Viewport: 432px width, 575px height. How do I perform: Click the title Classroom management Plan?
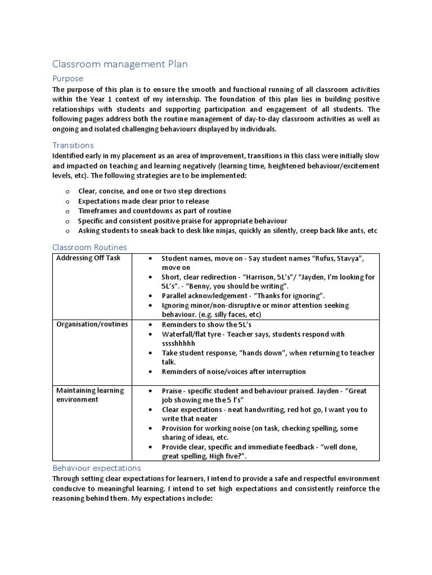(120, 65)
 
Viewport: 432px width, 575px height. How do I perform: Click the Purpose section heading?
(67, 79)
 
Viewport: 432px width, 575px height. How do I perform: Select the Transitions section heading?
(73, 145)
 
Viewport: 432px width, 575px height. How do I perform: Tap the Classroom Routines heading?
(89, 247)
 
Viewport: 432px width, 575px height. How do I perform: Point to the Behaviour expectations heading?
(96, 468)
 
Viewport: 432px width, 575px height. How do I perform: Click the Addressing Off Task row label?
(88, 258)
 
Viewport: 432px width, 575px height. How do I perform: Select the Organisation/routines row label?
(92, 325)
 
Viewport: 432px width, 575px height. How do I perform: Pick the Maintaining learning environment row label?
(90, 395)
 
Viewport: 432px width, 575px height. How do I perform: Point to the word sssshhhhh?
(179, 343)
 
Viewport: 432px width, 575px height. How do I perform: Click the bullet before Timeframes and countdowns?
(66, 211)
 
